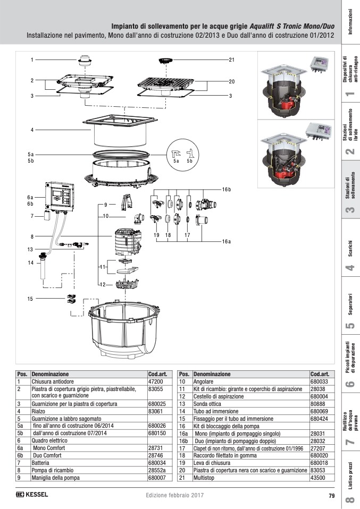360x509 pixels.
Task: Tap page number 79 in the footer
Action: coord(331,496)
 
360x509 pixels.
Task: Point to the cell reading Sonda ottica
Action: coord(210,404)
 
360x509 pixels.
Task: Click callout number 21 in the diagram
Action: coord(231,60)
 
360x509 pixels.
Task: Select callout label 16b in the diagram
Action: coord(227,189)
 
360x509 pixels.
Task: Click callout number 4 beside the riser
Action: coord(32,130)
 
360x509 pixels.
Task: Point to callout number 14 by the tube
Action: coord(31,262)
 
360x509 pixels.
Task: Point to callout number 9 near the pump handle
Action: coord(106,204)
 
